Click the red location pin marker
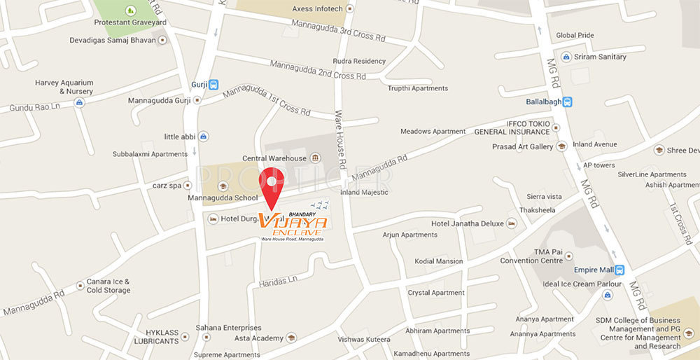(272, 184)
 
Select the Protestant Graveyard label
(129, 22)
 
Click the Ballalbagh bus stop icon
(568, 101)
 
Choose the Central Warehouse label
(274, 158)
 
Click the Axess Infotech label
(317, 8)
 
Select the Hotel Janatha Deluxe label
(467, 223)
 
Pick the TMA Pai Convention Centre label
(531, 256)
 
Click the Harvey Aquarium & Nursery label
(64, 87)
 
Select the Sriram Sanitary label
(600, 57)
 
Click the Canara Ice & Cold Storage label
(108, 286)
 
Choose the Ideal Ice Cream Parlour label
(582, 284)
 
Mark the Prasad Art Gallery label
(522, 146)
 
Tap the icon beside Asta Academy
(291, 338)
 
